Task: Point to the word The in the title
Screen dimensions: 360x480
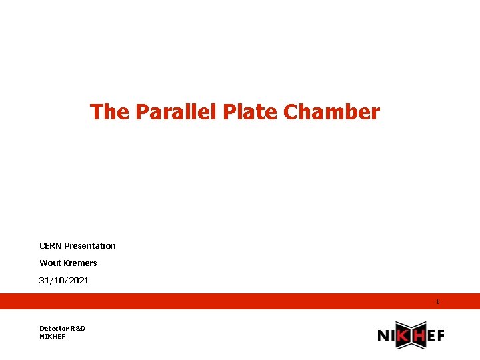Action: [x=110, y=111]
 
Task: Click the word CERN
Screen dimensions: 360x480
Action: [x=51, y=245]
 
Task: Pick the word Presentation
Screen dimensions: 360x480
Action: [x=90, y=245]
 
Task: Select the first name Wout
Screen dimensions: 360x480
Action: [x=50, y=263]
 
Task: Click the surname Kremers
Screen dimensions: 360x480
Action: [x=80, y=263]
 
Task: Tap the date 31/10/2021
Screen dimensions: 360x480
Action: [x=64, y=280]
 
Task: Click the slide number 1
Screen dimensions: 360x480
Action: [x=437, y=302]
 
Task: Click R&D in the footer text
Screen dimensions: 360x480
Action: [x=79, y=328]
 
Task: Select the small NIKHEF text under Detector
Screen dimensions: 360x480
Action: [x=53, y=336]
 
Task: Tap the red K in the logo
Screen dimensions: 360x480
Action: [x=403, y=336]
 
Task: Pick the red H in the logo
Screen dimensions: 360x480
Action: [x=418, y=336]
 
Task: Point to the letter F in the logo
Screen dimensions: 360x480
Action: [x=440, y=336]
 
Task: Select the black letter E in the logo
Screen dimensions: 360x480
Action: [x=431, y=336]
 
